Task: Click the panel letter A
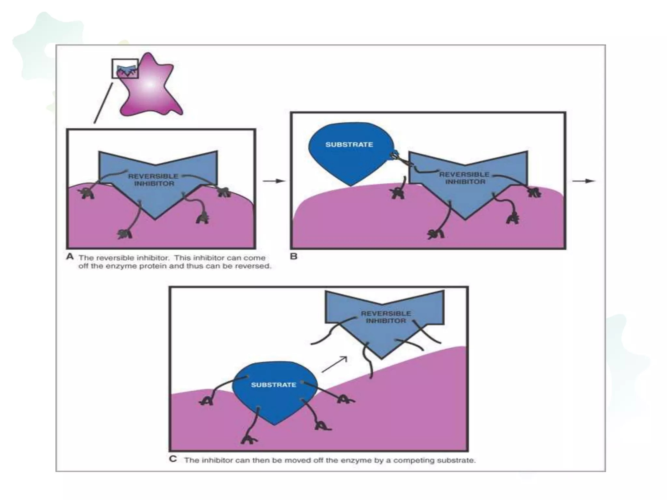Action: pyautogui.click(x=70, y=257)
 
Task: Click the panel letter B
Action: pyautogui.click(x=293, y=257)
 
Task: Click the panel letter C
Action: pyautogui.click(x=173, y=459)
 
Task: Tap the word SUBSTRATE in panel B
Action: pyautogui.click(x=349, y=145)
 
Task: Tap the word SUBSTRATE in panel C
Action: pyautogui.click(x=273, y=385)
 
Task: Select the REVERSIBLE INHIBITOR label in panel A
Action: pyautogui.click(x=153, y=180)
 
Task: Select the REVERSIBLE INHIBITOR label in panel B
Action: pyautogui.click(x=464, y=178)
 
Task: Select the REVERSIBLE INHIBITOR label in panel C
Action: pyautogui.click(x=386, y=317)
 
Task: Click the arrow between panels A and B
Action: pyautogui.click(x=274, y=181)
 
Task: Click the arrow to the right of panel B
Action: pyautogui.click(x=584, y=181)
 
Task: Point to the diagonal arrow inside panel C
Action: pyautogui.click(x=334, y=364)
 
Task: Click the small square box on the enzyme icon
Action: pyautogui.click(x=125, y=68)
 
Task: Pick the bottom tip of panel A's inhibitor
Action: pyautogui.click(x=155, y=219)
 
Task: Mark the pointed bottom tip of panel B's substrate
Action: pyautogui.click(x=350, y=186)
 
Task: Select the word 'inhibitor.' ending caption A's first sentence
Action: pyautogui.click(x=153, y=258)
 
